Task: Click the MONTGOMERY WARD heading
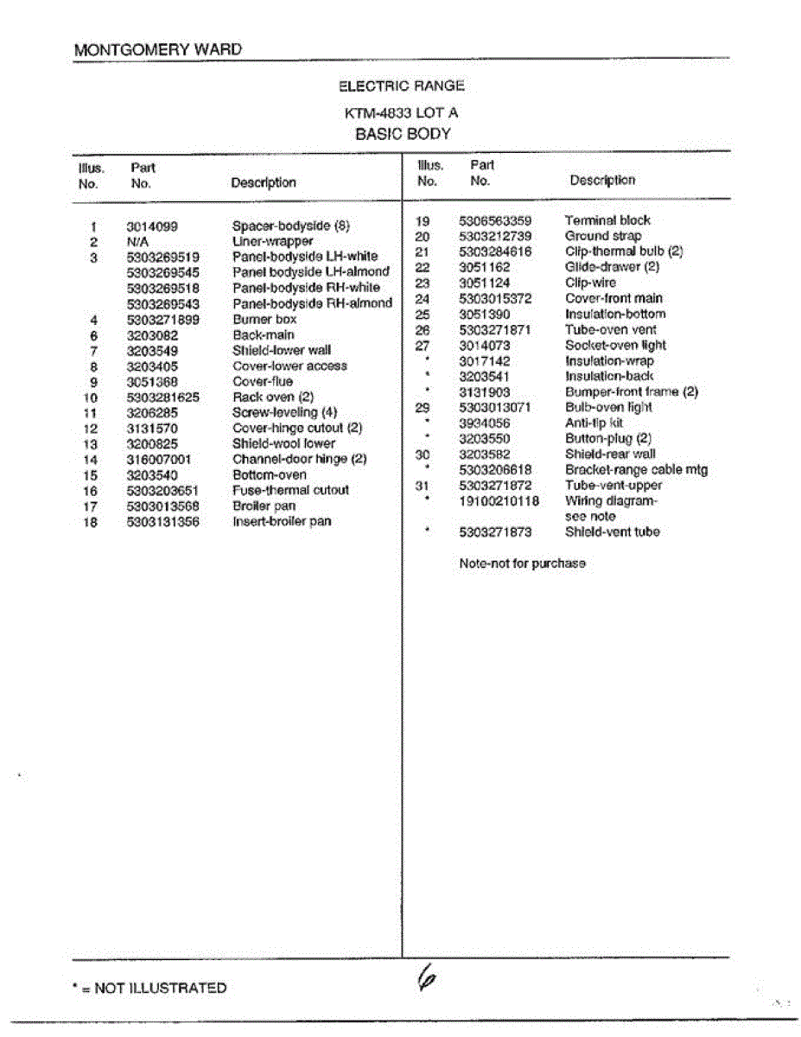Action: [x=158, y=50]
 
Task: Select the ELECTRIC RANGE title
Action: [x=402, y=86]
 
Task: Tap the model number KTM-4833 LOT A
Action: [x=402, y=113]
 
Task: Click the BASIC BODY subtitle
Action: [x=403, y=135]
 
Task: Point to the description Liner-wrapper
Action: [x=273, y=242]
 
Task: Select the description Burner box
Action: [x=264, y=320]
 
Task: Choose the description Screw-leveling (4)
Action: [x=284, y=413]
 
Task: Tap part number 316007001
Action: [x=159, y=460]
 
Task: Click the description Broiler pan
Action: [x=264, y=506]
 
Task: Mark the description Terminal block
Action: [x=607, y=220]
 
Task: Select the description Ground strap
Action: [x=603, y=236]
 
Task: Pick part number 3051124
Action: [x=484, y=283]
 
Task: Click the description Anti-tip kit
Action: [x=594, y=423]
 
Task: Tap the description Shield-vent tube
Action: [x=612, y=532]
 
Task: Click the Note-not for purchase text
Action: [x=522, y=564]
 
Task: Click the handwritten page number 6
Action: [x=425, y=978]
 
